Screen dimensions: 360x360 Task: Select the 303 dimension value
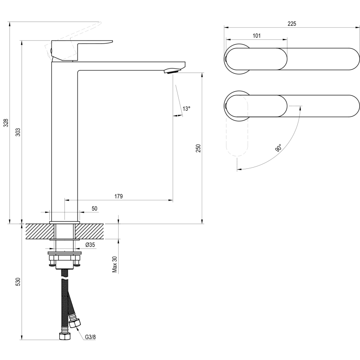point(18,132)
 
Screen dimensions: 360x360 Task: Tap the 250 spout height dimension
point(198,148)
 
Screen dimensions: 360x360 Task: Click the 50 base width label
point(95,209)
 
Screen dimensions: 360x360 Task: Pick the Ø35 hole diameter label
point(90,245)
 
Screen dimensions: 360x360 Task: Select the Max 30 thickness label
point(115,264)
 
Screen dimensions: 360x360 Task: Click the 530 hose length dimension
point(18,282)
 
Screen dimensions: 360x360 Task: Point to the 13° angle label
point(187,109)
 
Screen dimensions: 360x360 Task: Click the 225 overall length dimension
point(292,24)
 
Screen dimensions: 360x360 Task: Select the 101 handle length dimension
point(256,36)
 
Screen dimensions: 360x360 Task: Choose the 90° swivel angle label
point(278,148)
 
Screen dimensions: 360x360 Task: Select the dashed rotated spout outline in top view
point(237,133)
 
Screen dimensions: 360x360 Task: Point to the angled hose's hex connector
point(76,322)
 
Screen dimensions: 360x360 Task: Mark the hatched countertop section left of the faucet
point(37,231)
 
